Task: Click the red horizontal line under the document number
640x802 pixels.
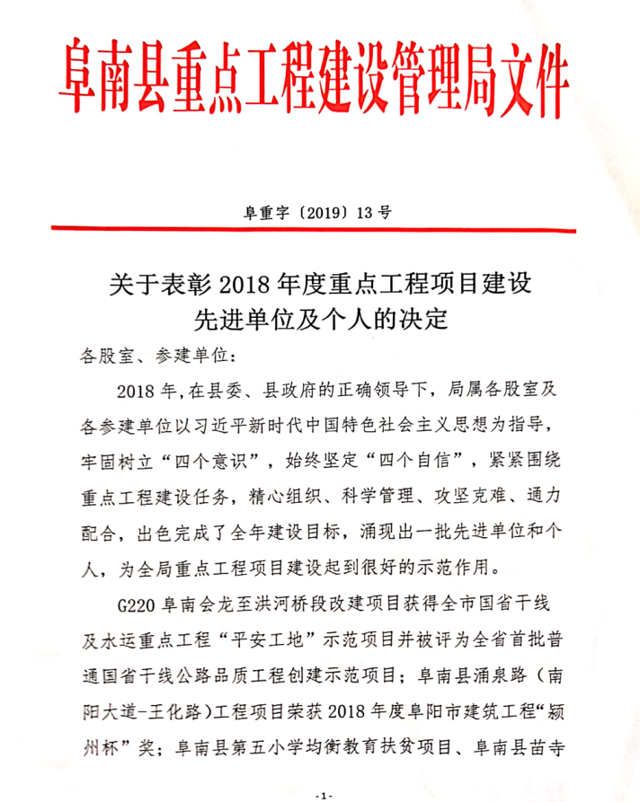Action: (319, 230)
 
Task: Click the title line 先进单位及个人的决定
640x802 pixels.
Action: (319, 320)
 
